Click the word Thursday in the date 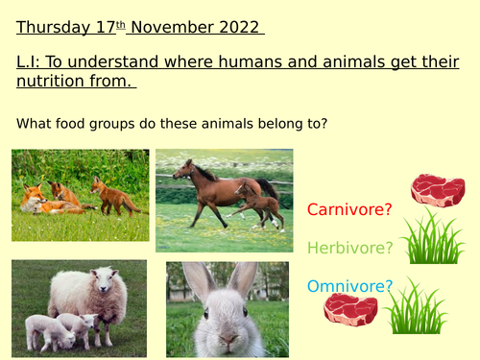click(51, 27)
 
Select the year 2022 click(238, 27)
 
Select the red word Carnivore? click(349, 209)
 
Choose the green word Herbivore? click(350, 248)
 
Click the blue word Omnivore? click(349, 285)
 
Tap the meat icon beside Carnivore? click(437, 190)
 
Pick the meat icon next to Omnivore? click(349, 309)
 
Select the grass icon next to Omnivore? click(416, 307)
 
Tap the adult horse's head click(182, 172)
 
